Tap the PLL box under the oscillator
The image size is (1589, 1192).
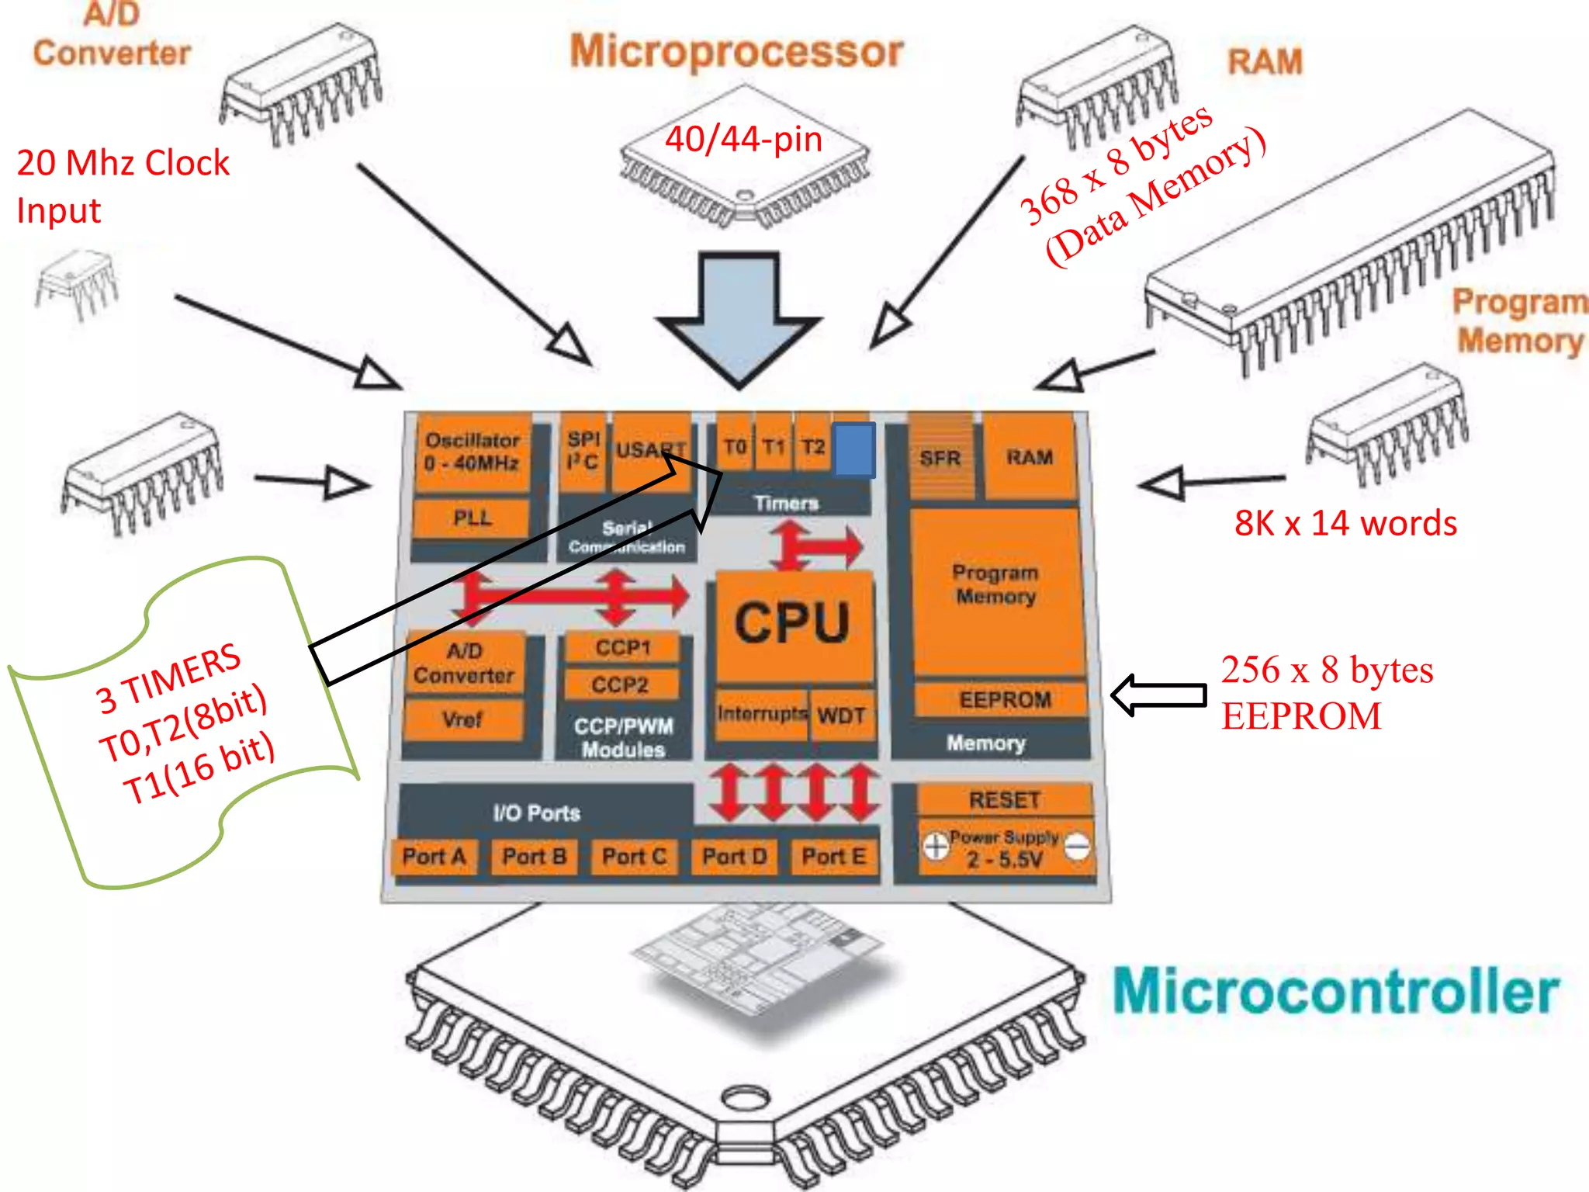click(x=472, y=518)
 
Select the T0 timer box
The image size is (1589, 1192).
click(x=734, y=448)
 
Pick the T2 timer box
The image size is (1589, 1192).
click(x=812, y=448)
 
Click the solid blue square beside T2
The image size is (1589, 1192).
click(x=854, y=449)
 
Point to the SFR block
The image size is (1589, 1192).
click(x=940, y=458)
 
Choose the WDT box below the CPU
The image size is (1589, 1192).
click(x=842, y=715)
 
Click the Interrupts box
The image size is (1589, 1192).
click(x=761, y=713)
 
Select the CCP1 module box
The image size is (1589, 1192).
click(x=622, y=647)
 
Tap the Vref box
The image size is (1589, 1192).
click(x=462, y=719)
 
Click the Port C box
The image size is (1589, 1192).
click(x=634, y=857)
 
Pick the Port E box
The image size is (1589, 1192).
click(x=833, y=857)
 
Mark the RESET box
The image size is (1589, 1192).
click(x=1004, y=800)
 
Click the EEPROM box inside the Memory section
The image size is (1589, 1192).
click(x=1004, y=700)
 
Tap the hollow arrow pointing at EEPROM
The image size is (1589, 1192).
click(x=1159, y=695)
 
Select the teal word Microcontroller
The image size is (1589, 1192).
click(x=1335, y=992)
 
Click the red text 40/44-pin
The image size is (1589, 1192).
click(x=743, y=140)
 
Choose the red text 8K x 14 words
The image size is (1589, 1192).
click(x=1345, y=524)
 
